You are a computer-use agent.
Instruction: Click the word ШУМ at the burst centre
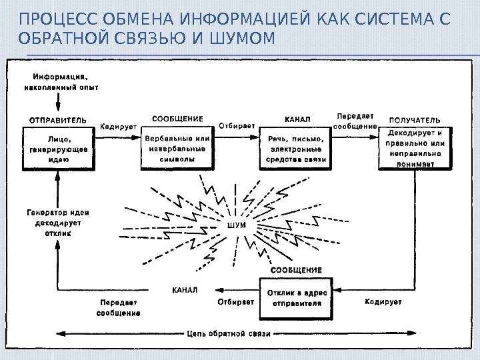pos(237,225)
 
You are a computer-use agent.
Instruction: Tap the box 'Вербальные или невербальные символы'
pos(177,149)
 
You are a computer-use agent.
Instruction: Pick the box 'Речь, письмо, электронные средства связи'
pos(295,149)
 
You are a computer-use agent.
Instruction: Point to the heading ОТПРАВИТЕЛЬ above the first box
pos(57,121)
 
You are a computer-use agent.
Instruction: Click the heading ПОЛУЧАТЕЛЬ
pos(414,120)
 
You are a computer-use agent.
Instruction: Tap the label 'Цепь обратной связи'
pos(229,333)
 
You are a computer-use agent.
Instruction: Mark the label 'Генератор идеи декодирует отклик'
pos(58,223)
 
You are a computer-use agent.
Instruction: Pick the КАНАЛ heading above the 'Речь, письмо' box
pos(297,119)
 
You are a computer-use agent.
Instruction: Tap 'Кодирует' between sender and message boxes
pos(119,125)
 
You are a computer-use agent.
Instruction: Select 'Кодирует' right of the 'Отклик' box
pos(383,301)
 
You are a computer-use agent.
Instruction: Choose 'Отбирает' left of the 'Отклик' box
pos(236,301)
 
